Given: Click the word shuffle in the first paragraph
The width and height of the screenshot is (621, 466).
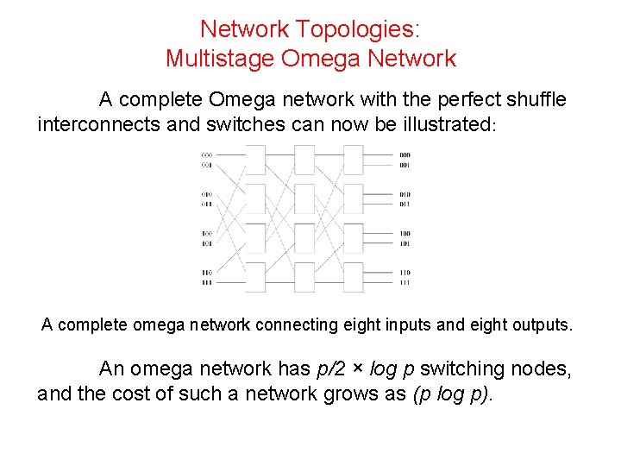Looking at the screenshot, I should [533, 99].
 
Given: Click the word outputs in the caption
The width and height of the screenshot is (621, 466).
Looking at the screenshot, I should [538, 324].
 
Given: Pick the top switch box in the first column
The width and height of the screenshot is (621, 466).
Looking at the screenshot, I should [256, 161].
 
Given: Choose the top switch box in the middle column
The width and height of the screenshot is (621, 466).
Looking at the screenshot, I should [304, 161].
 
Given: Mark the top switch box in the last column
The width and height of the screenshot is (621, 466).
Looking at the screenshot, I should [354, 161].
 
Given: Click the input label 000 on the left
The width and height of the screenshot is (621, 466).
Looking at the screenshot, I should [207, 155].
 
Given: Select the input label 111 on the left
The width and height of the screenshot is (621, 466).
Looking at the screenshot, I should [207, 282].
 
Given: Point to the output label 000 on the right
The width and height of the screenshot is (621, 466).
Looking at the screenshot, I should [405, 155].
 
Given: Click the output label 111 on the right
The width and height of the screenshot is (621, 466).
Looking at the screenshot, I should [405, 282].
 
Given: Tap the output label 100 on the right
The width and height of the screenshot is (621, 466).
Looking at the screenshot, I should [405, 234].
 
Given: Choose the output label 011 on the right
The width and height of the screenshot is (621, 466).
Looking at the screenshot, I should [405, 204].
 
